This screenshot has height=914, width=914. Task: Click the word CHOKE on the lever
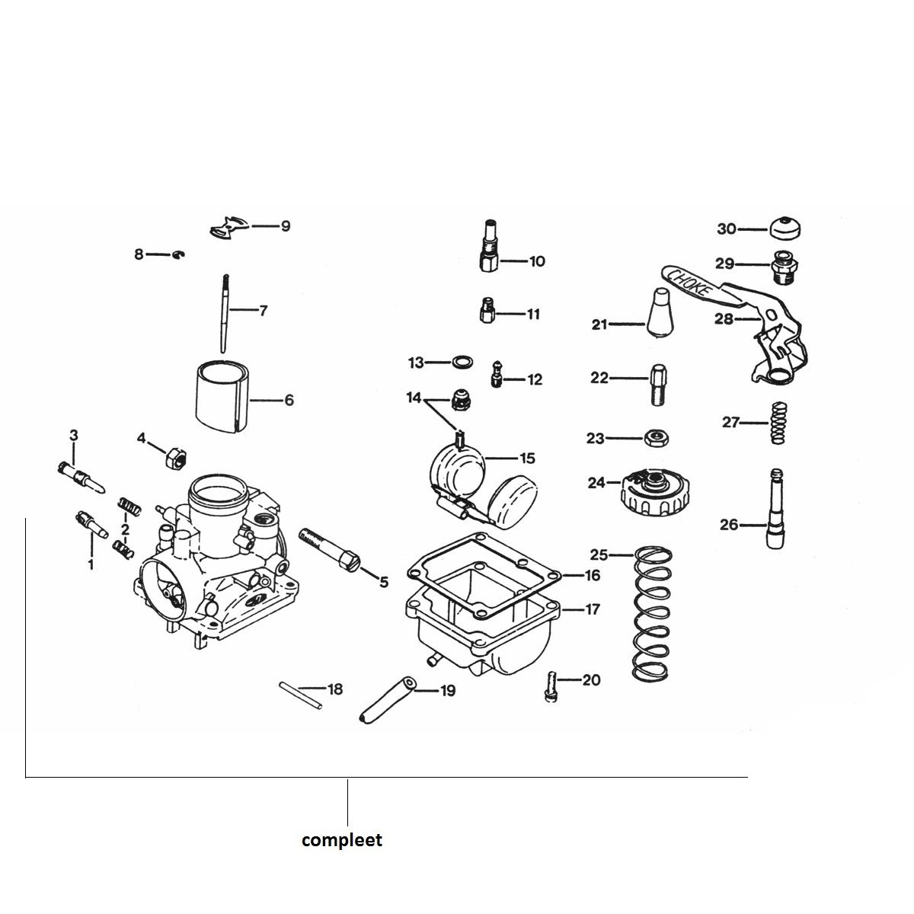point(690,283)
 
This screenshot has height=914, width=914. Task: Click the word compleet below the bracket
point(342,841)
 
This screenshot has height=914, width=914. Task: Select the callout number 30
point(727,228)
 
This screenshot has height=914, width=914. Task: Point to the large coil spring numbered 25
point(654,613)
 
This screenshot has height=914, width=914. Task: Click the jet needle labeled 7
point(225,312)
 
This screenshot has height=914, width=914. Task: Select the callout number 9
point(286,226)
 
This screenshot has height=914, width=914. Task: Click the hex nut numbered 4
point(177,459)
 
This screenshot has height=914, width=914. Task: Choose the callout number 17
point(593,609)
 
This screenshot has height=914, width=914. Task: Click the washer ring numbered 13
point(461,362)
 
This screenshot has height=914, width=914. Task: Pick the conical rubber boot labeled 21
point(661,314)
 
